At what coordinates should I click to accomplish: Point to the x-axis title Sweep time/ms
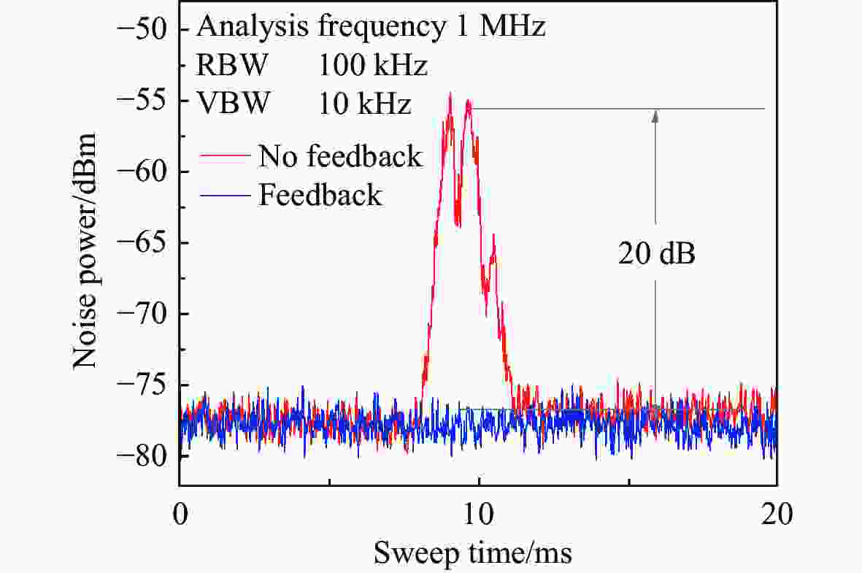click(473, 554)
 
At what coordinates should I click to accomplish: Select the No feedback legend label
click(340, 156)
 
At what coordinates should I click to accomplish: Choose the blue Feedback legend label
click(320, 195)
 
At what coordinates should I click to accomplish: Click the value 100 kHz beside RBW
click(372, 67)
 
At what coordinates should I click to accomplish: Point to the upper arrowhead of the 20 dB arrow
click(656, 115)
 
